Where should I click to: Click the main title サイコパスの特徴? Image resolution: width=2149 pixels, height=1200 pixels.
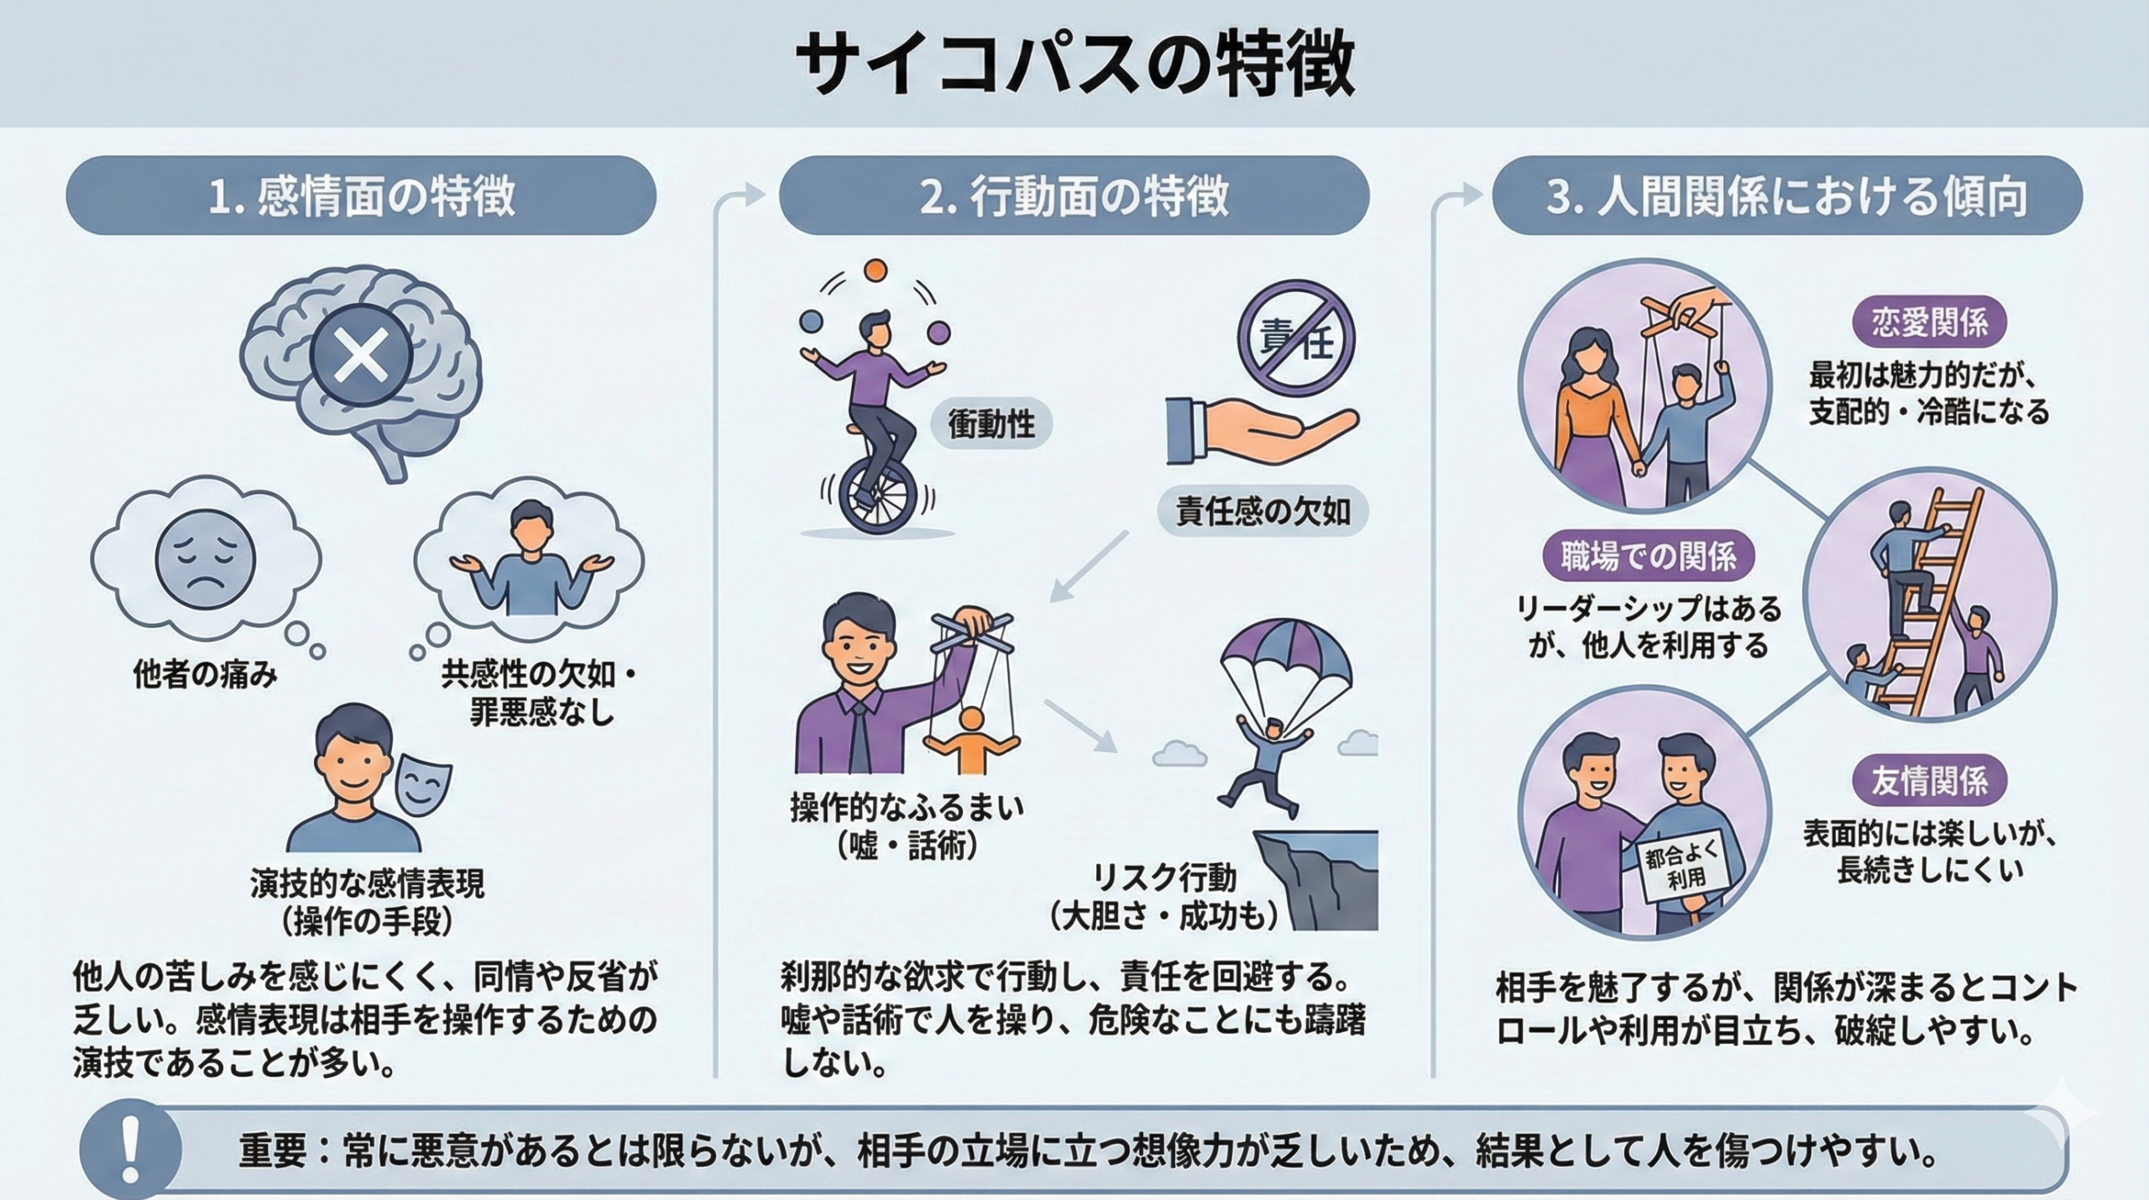[x=1074, y=66]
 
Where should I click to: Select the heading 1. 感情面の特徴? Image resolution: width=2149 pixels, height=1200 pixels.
[x=361, y=196]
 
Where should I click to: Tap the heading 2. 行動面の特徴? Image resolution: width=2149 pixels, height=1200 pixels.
[x=1074, y=196]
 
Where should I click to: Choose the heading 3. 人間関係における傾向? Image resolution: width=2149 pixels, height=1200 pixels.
[x=1786, y=196]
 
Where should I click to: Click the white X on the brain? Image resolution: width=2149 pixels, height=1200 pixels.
[x=361, y=354]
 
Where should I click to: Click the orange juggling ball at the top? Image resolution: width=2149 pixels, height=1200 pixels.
[x=876, y=270]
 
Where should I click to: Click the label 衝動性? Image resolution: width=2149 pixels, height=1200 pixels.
[x=991, y=425]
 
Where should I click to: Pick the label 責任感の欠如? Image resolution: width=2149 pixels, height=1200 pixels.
[x=1263, y=510]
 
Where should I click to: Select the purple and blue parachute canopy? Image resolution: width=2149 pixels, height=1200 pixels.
[x=1285, y=655]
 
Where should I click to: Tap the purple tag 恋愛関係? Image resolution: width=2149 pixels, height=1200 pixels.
[x=1929, y=323]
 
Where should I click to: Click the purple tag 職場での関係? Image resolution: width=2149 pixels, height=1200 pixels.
[x=1649, y=556]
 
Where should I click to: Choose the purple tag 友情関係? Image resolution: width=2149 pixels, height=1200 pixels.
[x=1929, y=781]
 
